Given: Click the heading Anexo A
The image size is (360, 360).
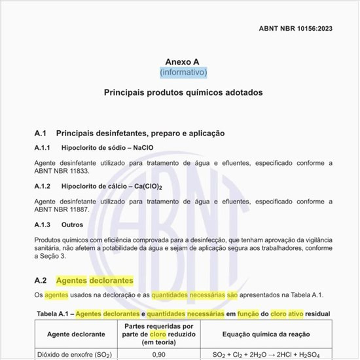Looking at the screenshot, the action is [x=183, y=62].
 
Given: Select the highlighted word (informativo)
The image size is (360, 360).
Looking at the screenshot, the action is [x=183, y=72].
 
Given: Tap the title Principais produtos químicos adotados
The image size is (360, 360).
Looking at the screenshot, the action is [x=183, y=92].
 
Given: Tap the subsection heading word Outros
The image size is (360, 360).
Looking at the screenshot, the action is [x=72, y=225].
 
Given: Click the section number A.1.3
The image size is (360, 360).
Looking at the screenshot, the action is [x=44, y=225].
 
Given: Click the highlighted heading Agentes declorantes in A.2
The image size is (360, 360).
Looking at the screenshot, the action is [x=95, y=281].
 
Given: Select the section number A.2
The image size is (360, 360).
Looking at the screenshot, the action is [x=41, y=281].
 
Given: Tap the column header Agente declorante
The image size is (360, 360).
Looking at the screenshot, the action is [x=75, y=333].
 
